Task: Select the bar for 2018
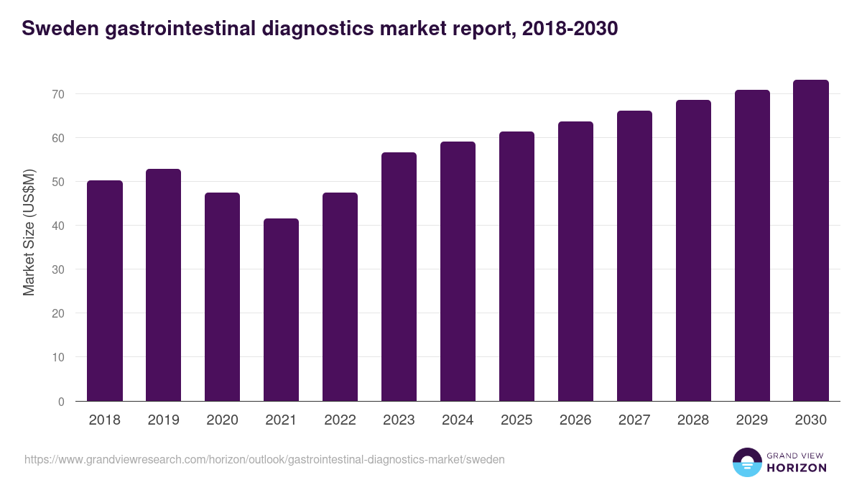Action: click(105, 291)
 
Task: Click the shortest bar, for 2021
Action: click(281, 310)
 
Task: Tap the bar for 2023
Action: click(399, 277)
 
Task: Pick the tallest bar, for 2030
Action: click(811, 241)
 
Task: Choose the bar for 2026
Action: click(575, 262)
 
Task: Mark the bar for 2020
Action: click(222, 297)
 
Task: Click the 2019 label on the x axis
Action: click(163, 420)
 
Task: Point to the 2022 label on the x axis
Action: click(340, 420)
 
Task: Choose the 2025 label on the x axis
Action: click(516, 420)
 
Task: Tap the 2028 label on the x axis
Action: click(693, 420)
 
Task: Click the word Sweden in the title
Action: click(56, 29)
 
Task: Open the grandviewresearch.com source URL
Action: click(264, 459)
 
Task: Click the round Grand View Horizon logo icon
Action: click(747, 462)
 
